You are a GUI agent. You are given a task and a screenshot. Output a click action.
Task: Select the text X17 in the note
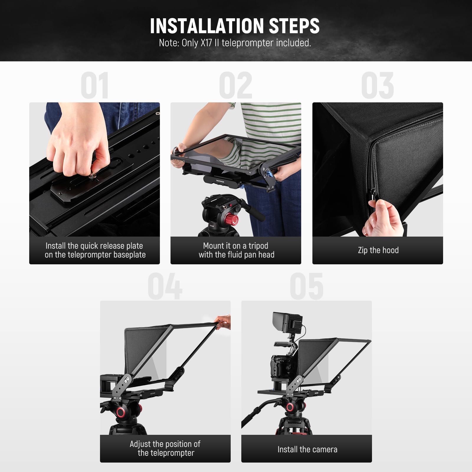(206, 43)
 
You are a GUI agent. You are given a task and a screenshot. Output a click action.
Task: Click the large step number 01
(94, 86)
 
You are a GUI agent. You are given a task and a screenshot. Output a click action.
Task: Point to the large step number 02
(236, 86)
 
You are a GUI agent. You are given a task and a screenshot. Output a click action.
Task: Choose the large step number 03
(378, 86)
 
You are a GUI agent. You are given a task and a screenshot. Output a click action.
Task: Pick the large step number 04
(165, 286)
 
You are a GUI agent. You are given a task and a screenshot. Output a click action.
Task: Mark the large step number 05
(307, 286)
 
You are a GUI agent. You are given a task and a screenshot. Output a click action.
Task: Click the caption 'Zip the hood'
(378, 250)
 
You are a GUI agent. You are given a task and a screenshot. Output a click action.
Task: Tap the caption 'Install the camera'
(307, 449)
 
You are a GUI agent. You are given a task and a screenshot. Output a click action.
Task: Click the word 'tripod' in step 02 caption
(258, 246)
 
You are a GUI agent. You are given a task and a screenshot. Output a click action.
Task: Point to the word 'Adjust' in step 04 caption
(140, 444)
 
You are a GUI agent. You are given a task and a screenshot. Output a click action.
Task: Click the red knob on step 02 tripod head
(233, 220)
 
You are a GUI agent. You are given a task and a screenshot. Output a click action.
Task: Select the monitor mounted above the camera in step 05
(288, 324)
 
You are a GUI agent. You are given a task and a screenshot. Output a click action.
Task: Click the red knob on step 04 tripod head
(121, 412)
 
